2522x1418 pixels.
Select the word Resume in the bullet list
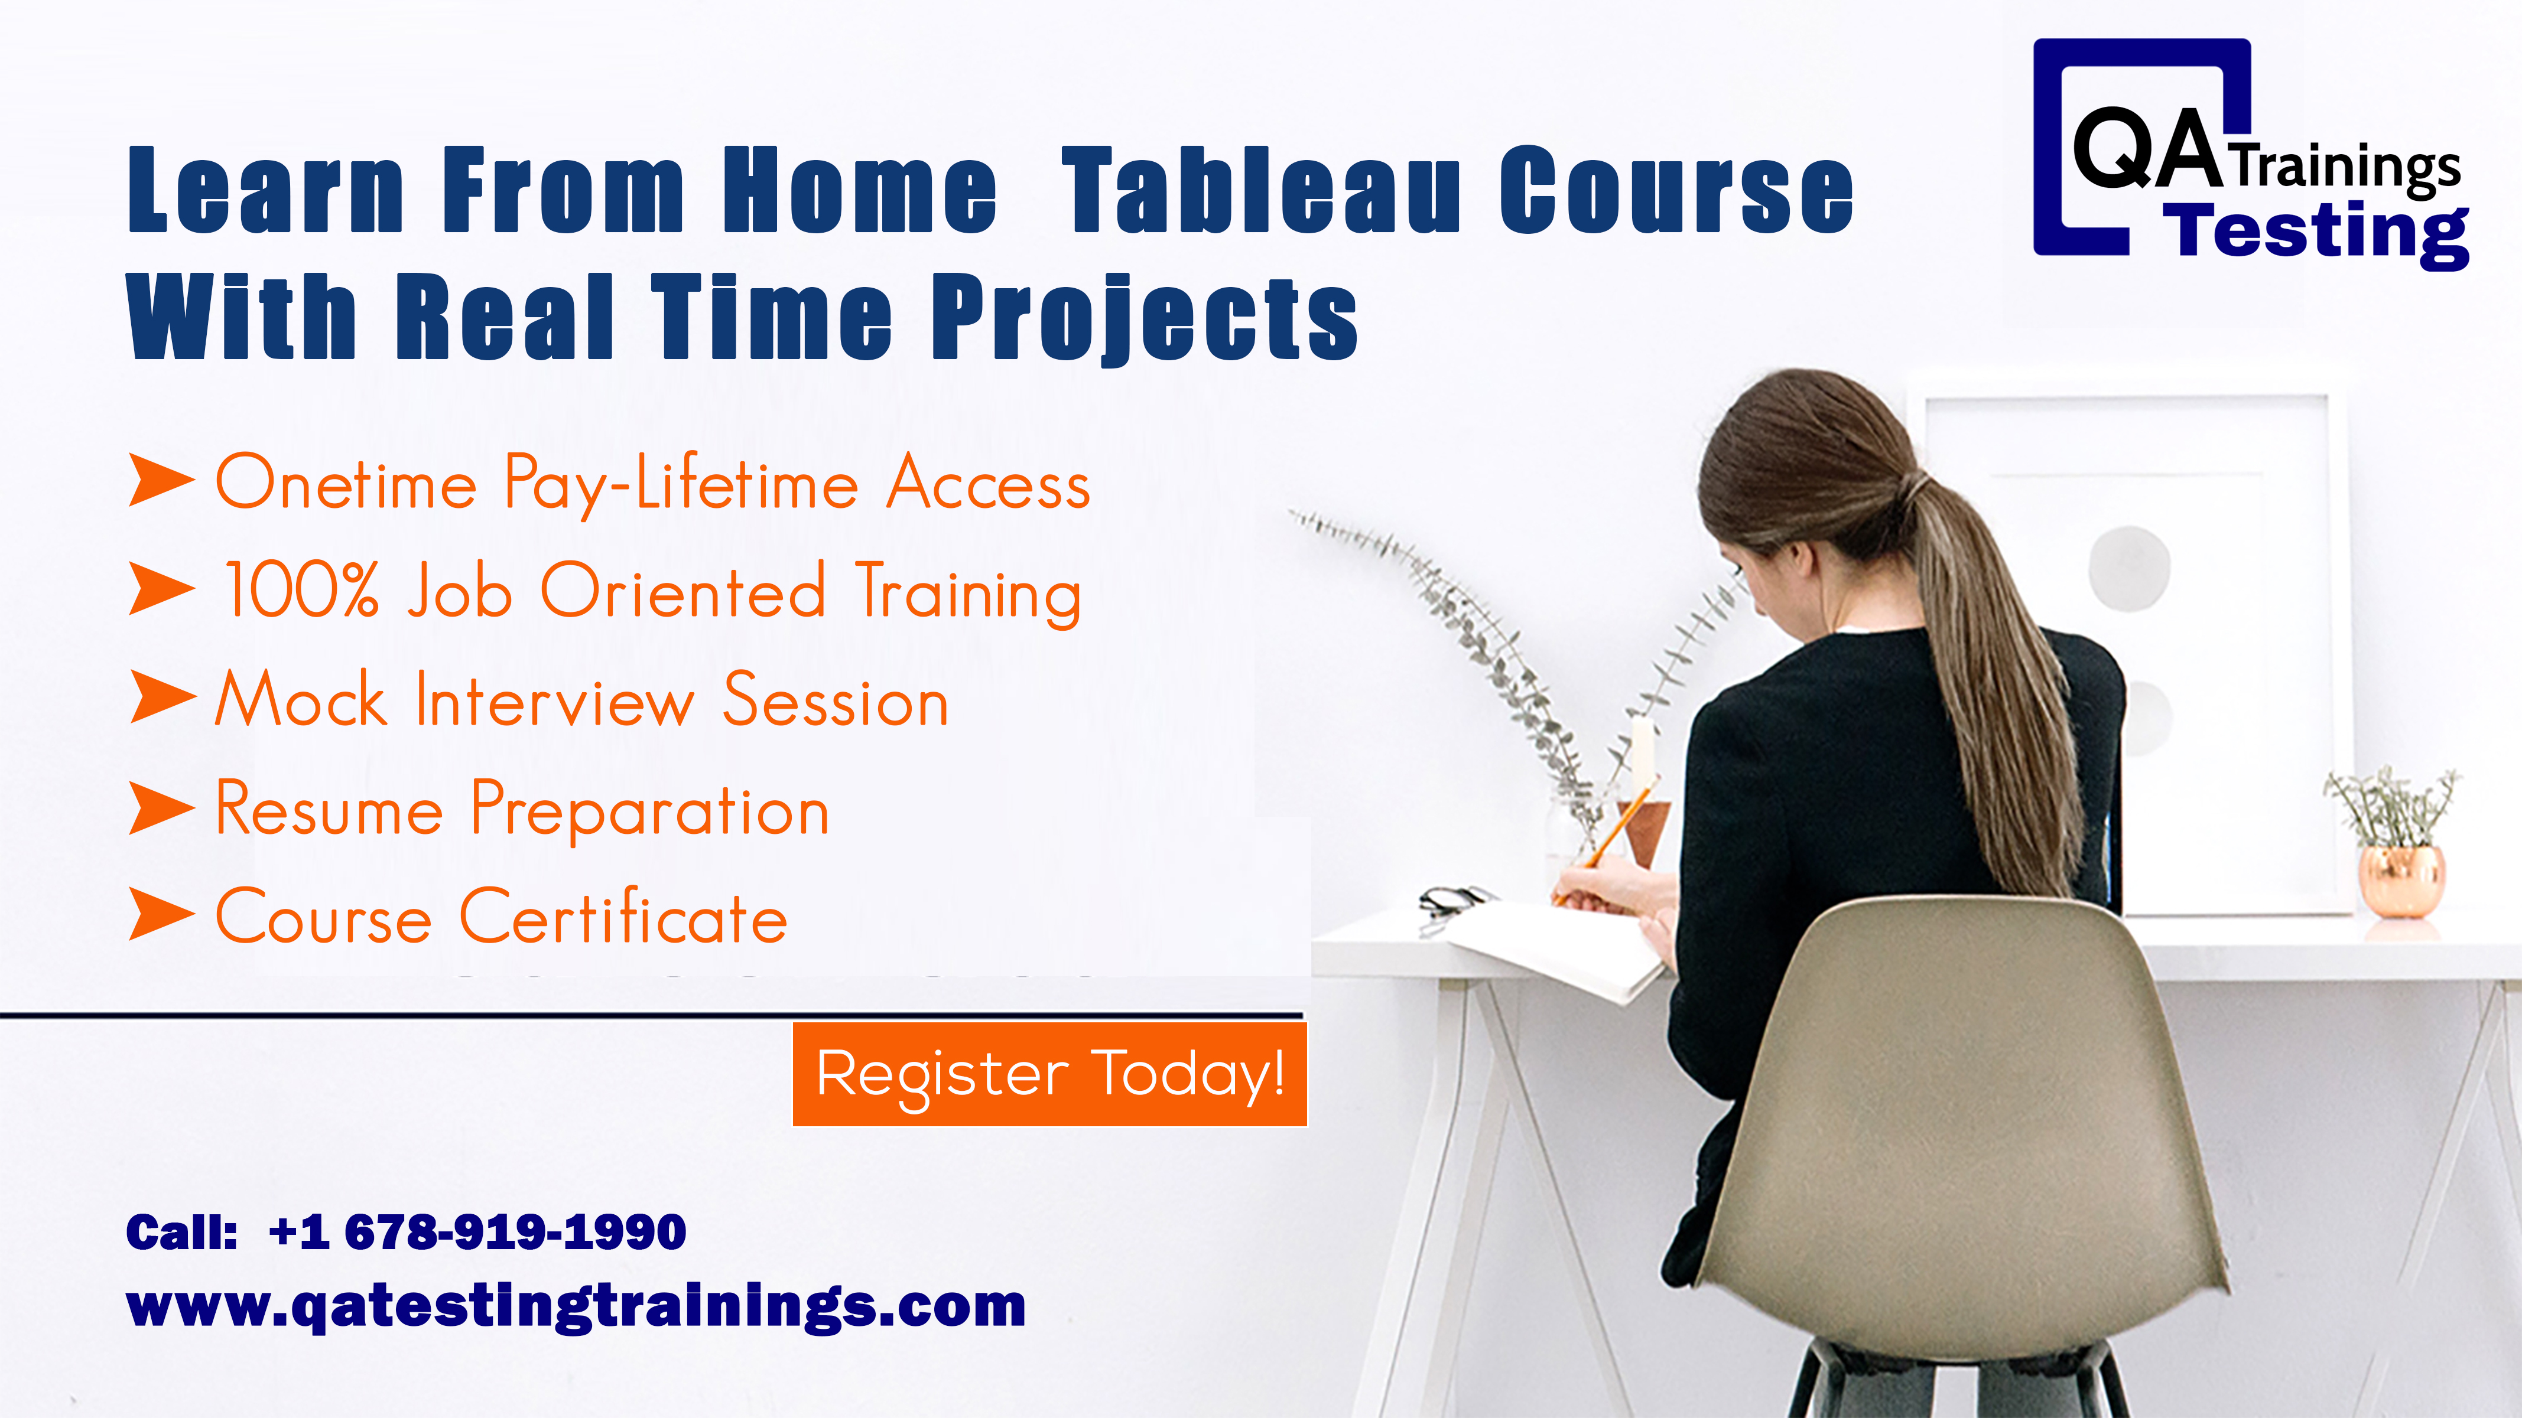pyautogui.click(x=329, y=810)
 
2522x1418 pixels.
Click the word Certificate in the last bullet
pyautogui.click(x=623, y=917)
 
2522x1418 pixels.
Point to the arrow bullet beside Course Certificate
pyautogui.click(x=161, y=915)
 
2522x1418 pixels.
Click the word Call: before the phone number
pyautogui.click(x=181, y=1232)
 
